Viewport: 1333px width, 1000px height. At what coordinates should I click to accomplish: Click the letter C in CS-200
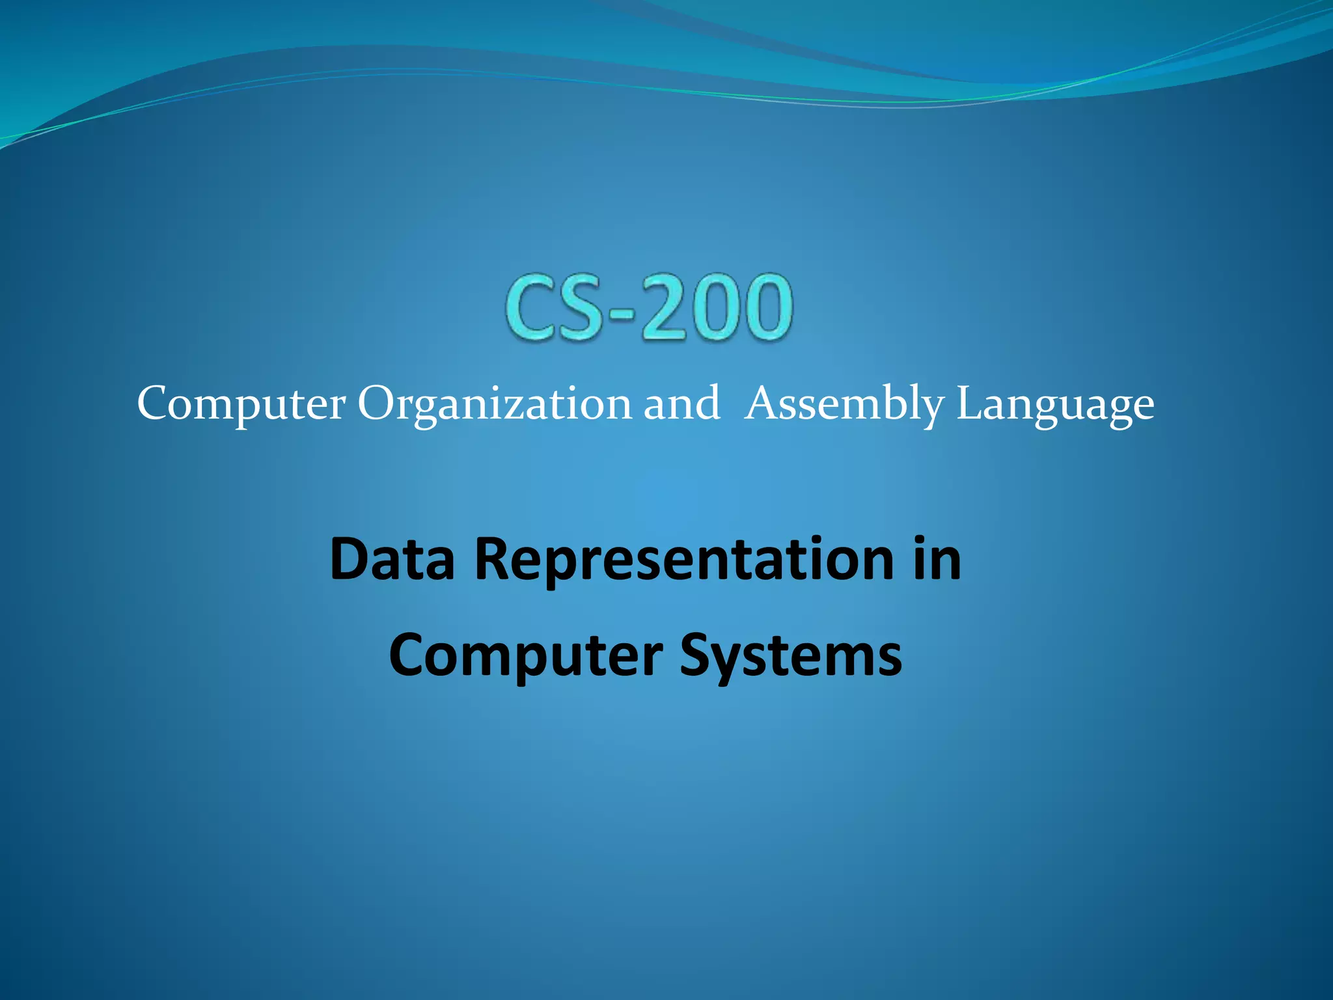tap(536, 307)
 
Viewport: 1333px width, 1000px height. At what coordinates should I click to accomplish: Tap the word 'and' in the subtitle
tap(681, 404)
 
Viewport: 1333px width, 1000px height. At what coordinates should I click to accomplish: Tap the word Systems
tap(790, 656)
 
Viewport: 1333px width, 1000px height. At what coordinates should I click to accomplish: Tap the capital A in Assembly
tap(763, 404)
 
